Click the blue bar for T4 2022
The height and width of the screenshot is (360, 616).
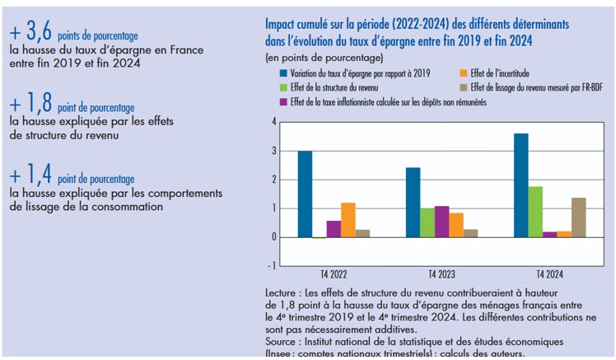pyautogui.click(x=305, y=194)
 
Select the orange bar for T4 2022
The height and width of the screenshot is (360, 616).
pyautogui.click(x=348, y=220)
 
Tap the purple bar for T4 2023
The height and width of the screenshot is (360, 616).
pyautogui.click(x=441, y=222)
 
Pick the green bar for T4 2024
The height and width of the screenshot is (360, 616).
pyautogui.click(x=534, y=212)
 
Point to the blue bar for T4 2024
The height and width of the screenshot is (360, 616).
pyautogui.click(x=520, y=185)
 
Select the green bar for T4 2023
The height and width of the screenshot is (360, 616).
pyautogui.click(x=427, y=222)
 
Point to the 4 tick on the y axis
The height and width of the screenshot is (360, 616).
pyautogui.click(x=273, y=122)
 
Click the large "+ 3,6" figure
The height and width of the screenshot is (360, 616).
pyautogui.click(x=31, y=33)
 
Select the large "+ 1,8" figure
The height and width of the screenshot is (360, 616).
pyautogui.click(x=31, y=103)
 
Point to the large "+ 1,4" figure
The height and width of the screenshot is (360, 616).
pyautogui.click(x=31, y=174)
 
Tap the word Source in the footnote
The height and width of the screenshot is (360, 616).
pyautogui.click(x=283, y=340)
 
